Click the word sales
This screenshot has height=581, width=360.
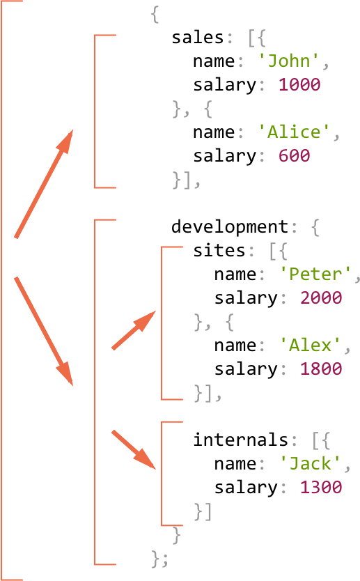tap(198, 38)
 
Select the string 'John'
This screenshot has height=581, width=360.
tap(288, 61)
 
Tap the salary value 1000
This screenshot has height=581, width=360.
tap(299, 84)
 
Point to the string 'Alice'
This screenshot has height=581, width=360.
tap(293, 132)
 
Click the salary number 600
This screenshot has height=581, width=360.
tap(294, 155)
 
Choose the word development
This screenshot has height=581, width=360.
tap(230, 226)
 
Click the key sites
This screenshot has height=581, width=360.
tap(219, 251)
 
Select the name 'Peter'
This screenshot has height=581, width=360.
tap(315, 274)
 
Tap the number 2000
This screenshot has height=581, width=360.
tap(321, 297)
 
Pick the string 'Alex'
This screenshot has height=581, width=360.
tap(310, 346)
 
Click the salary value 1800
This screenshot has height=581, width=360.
tap(321, 369)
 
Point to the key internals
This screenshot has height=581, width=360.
tap(240, 440)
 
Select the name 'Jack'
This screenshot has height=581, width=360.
tap(310, 463)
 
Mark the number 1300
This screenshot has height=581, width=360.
tap(321, 487)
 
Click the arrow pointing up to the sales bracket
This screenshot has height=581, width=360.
tap(44, 184)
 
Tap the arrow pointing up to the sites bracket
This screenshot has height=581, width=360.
tap(134, 330)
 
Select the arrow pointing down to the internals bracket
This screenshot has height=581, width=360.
tap(134, 450)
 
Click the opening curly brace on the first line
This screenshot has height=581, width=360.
tap(155, 15)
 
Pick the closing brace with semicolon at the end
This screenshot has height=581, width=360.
tap(160, 559)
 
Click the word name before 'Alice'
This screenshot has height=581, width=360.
tap(214, 132)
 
